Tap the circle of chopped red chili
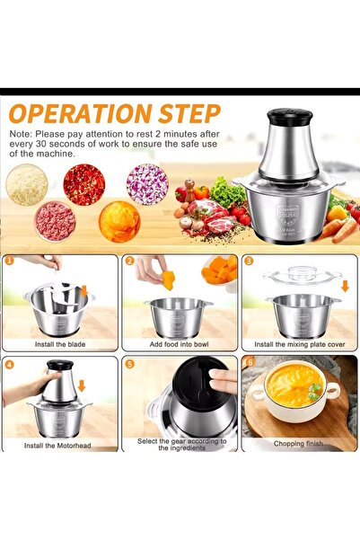tap(84, 184)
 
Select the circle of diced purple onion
tap(147, 183)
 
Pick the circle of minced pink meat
tap(55, 221)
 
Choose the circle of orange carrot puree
tap(119, 221)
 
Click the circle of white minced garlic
tap(27, 184)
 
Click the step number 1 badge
tap(9, 261)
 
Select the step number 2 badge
tap(129, 261)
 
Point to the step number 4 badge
tap(9, 364)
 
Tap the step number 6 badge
tap(250, 364)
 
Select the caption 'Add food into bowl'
tap(180, 344)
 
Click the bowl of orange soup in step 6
tap(294, 388)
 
